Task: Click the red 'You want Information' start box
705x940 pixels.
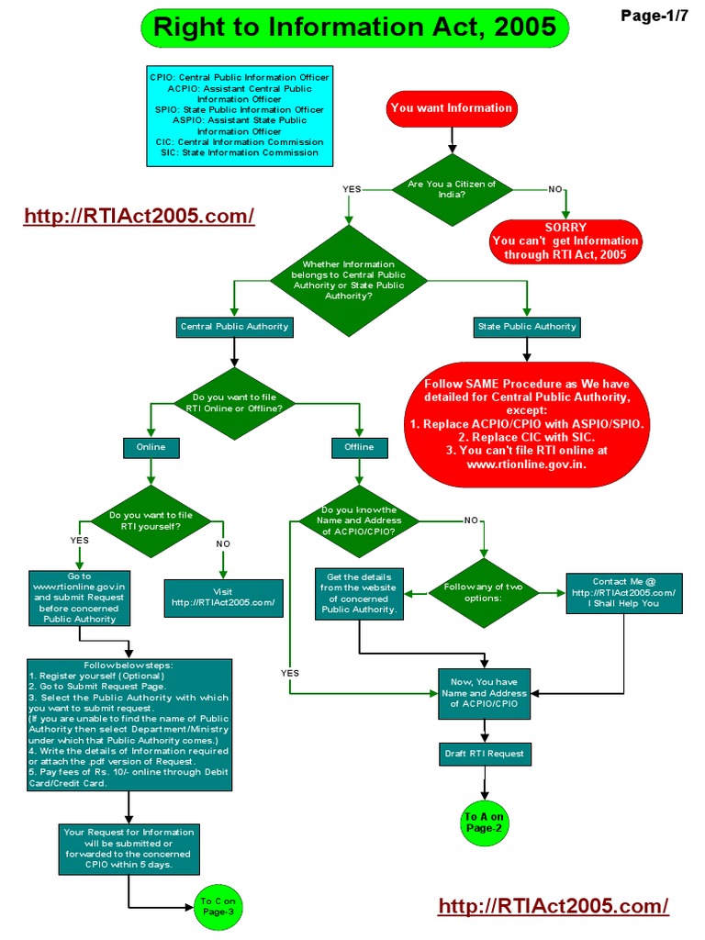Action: point(451,108)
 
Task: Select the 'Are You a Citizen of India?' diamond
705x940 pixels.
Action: point(451,189)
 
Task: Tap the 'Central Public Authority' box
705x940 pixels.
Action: point(234,326)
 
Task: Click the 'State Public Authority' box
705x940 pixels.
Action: point(527,326)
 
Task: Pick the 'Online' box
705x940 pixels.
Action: point(151,447)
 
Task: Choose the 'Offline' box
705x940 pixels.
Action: point(359,447)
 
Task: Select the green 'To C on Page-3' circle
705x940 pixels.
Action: point(218,907)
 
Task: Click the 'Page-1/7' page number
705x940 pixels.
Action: point(655,15)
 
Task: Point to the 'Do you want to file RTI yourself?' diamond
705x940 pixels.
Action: point(151,521)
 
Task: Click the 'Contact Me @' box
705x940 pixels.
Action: point(624,593)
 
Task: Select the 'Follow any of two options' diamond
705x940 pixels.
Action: point(484,593)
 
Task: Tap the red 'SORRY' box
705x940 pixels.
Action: point(565,241)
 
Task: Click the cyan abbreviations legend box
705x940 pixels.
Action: point(239,115)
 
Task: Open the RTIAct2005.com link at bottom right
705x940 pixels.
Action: point(554,906)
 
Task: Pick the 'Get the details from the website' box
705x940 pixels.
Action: point(359,593)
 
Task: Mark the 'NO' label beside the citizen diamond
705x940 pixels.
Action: point(554,189)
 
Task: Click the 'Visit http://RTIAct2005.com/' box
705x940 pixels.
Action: point(223,597)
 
